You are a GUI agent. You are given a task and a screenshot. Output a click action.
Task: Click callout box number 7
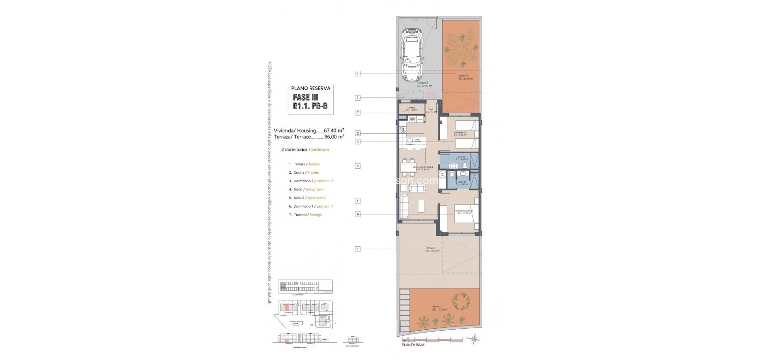(357, 113)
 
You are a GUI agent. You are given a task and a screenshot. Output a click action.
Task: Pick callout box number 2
(357, 133)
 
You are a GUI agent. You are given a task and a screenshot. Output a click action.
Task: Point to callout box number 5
(357, 166)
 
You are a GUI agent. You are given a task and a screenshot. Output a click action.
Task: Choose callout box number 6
(357, 214)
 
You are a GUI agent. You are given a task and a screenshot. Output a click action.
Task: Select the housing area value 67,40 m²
(334, 130)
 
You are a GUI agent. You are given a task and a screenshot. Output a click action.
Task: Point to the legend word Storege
(315, 215)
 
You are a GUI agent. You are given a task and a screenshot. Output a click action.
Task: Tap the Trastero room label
(411, 109)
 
